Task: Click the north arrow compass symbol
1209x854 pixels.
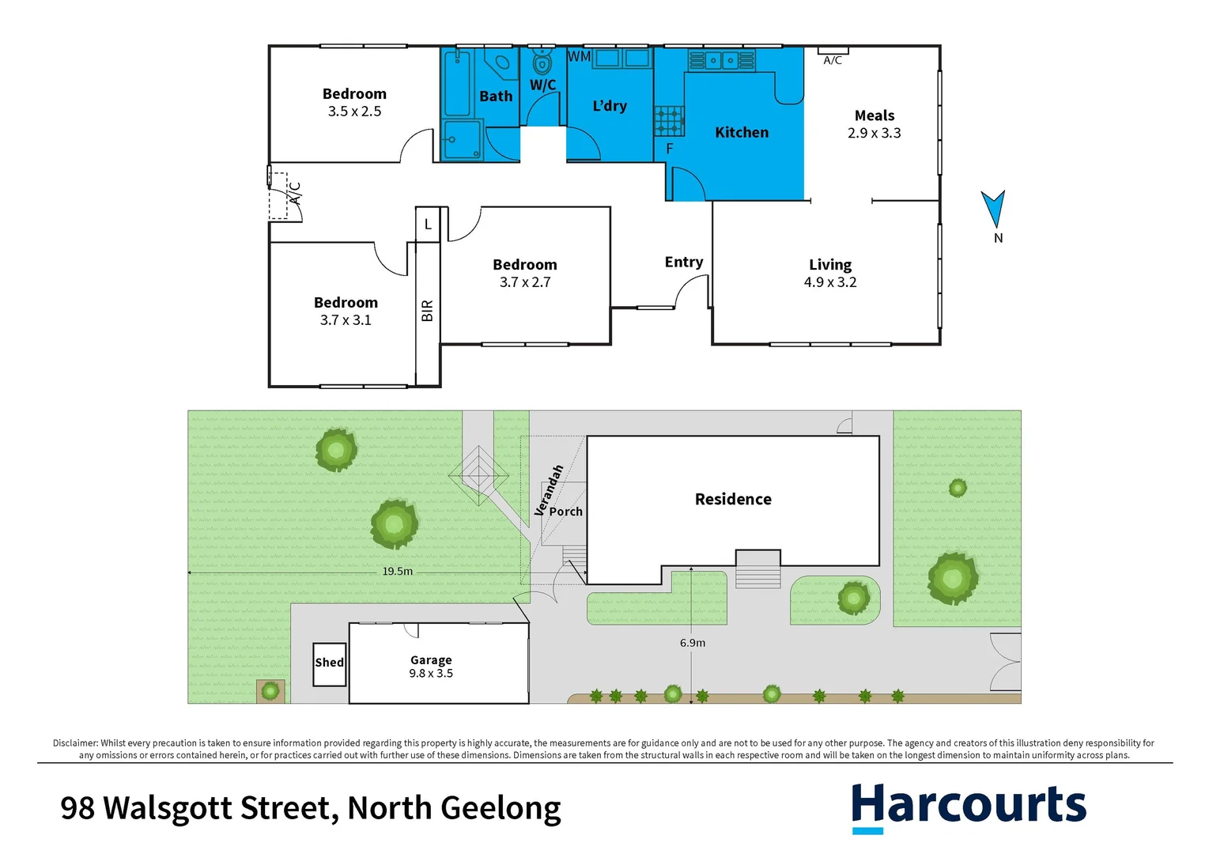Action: [x=993, y=209]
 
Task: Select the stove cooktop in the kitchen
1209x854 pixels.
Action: [x=669, y=121]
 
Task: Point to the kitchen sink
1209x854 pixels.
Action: [x=721, y=60]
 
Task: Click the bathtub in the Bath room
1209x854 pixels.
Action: [x=457, y=83]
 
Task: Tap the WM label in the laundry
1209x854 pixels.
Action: [x=580, y=57]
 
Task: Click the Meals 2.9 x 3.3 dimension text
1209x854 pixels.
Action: [x=874, y=134]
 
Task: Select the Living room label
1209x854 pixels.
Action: [x=830, y=265]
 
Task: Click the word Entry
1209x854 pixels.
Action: [x=684, y=262]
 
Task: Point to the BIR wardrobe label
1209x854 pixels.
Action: [x=428, y=310]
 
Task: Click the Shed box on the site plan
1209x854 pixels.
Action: [x=330, y=663]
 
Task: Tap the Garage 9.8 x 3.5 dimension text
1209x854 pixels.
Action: [x=431, y=674]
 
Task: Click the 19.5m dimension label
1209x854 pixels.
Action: [x=398, y=571]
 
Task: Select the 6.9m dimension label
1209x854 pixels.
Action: [x=693, y=643]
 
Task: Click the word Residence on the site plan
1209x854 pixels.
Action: [x=733, y=499]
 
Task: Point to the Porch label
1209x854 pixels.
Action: [x=566, y=512]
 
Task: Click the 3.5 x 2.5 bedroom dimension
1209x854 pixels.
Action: [x=354, y=111]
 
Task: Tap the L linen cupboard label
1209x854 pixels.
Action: [x=428, y=225]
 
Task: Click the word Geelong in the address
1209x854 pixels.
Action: [x=501, y=808]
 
